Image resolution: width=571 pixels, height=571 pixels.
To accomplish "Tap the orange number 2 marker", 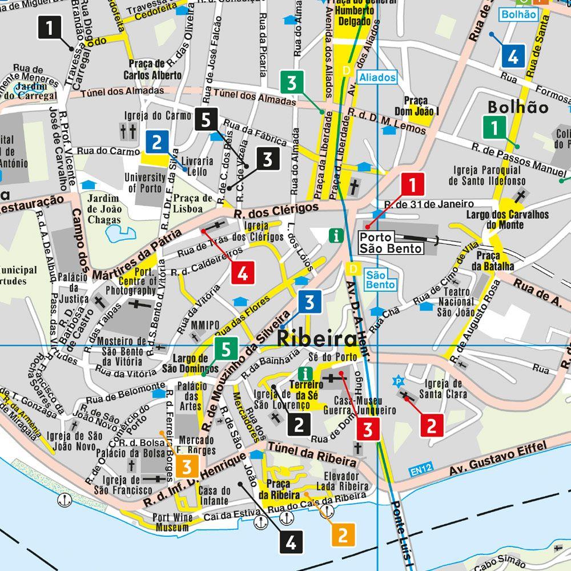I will [343, 534].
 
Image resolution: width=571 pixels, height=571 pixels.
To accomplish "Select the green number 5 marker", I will [226, 348].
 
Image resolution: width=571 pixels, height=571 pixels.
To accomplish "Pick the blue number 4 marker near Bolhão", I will [512, 56].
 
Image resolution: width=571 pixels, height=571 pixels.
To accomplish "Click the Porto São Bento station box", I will [391, 242].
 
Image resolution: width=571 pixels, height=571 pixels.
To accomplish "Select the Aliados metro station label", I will [377, 77].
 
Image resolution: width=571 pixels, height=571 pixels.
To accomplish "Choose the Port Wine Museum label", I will [171, 522].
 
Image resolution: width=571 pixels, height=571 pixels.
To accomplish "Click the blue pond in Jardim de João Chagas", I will [122, 233].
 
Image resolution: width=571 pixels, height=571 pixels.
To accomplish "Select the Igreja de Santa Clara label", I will [441, 388].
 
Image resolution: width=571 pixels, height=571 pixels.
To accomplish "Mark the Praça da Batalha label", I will [494, 260].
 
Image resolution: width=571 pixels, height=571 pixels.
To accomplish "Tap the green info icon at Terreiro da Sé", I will [307, 374].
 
